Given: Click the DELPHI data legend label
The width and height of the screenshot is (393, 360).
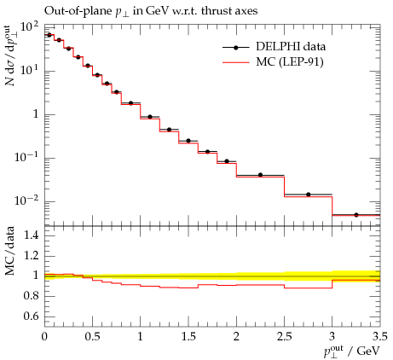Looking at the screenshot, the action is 291,47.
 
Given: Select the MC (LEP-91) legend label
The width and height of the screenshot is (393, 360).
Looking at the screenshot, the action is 290,61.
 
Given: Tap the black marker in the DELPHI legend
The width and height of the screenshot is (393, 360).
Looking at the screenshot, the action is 235,48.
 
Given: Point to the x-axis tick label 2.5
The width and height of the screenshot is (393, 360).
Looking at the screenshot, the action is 285,336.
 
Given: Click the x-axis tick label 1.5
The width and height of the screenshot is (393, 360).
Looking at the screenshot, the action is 188,336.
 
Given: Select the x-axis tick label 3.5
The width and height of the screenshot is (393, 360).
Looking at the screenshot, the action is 380,336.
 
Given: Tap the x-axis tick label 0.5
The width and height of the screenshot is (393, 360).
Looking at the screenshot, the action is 93,336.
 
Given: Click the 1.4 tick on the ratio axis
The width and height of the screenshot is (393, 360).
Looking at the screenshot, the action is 31,235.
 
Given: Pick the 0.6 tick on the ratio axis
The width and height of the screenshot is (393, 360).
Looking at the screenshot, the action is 31,316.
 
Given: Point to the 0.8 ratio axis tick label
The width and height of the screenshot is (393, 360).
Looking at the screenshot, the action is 31,296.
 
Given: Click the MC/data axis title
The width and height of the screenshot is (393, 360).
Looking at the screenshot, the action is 10,252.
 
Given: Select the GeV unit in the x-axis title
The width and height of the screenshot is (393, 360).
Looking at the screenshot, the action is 368,351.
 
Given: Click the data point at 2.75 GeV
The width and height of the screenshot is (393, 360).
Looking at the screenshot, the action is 309,195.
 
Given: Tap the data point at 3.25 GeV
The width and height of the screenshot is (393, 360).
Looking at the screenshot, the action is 356,215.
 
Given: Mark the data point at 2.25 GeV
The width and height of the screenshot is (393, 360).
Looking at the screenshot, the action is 260,175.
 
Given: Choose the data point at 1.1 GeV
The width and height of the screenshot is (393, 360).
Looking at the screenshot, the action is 150,117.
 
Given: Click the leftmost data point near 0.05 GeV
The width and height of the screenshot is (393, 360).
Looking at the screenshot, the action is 49,35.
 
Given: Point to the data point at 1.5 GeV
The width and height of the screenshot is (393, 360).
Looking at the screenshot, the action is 188,141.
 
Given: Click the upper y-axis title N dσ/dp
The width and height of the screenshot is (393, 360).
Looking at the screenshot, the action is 11,55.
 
